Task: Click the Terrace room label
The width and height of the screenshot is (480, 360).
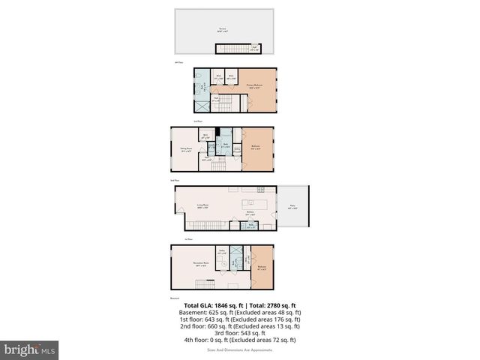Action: pyautogui.click(x=222, y=31)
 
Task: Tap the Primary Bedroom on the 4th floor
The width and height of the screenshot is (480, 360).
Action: pyautogui.click(x=258, y=86)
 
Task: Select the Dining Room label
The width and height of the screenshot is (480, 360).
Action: pyautogui.click(x=180, y=150)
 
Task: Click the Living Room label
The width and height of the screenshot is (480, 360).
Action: pyautogui.click(x=202, y=204)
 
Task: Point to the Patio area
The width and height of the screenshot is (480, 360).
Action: pyautogui.click(x=292, y=208)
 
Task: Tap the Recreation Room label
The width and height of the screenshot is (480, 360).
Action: pyautogui.click(x=201, y=263)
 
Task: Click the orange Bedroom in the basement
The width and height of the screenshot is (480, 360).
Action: pyautogui.click(x=262, y=266)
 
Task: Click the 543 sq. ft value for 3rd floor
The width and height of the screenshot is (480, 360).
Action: pyautogui.click(x=251, y=333)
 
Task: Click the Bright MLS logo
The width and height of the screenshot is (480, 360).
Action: pyautogui.click(x=30, y=349)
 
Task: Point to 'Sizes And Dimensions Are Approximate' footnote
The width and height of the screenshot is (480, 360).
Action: pyautogui.click(x=240, y=349)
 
